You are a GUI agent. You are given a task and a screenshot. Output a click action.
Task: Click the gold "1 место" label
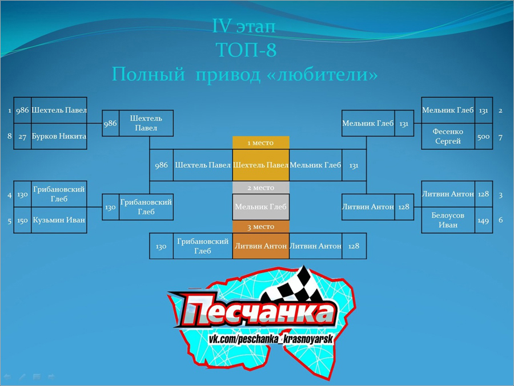click(x=260, y=143)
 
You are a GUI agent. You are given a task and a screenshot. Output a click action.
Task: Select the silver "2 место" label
click(x=260, y=188)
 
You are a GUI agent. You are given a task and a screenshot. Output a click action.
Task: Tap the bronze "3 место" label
click(x=260, y=226)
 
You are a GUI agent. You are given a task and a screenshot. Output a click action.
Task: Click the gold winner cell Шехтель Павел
click(x=260, y=165)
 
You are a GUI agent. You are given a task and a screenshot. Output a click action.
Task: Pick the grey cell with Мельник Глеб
click(x=260, y=207)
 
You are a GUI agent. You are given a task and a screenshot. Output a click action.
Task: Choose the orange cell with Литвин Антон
click(x=260, y=246)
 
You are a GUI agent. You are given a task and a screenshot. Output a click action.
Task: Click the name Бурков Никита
click(x=59, y=136)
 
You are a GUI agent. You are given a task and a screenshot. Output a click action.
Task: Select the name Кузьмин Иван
click(x=59, y=220)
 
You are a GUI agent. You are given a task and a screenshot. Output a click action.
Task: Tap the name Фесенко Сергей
click(x=448, y=136)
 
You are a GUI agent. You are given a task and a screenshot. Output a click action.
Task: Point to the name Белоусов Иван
click(x=448, y=220)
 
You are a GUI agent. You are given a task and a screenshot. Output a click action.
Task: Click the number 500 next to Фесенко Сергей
click(x=484, y=137)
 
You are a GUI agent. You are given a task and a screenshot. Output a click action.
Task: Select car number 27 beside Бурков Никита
click(x=22, y=137)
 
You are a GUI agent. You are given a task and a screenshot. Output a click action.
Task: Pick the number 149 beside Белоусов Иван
click(x=483, y=221)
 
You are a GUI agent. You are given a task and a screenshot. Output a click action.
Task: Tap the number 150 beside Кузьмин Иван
click(x=22, y=221)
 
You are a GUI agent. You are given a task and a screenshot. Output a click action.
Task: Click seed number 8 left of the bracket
click(x=10, y=136)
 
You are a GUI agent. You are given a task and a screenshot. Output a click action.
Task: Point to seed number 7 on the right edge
click(x=500, y=137)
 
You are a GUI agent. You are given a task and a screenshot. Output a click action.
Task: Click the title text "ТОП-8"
click(x=246, y=50)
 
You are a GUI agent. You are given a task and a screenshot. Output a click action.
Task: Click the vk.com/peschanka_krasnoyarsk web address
click(x=271, y=339)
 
